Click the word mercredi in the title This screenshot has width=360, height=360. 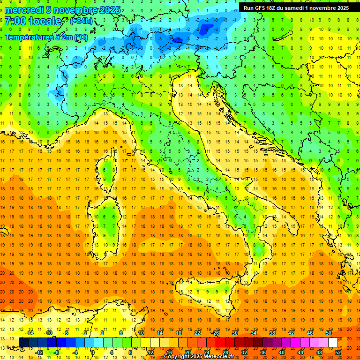(x=23, y=10)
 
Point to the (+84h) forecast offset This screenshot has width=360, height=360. (x=81, y=21)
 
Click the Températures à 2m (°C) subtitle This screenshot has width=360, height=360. (x=45, y=37)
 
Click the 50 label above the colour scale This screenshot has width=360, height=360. (x=329, y=333)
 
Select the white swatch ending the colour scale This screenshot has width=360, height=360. (x=333, y=343)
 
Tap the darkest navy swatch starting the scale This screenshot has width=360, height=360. (x=23, y=343)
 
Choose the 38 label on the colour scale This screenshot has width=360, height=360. (x=272, y=333)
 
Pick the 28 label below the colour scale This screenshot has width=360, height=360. (x=226, y=352)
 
